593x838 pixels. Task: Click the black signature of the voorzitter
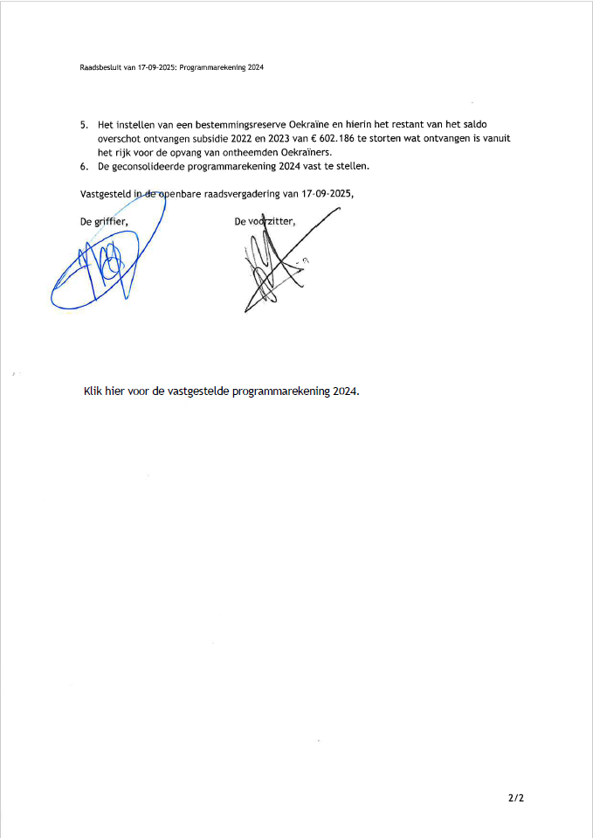tap(275, 267)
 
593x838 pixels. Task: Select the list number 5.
tap(83, 124)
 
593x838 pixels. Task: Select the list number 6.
tap(83, 166)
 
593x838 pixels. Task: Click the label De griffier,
tap(104, 222)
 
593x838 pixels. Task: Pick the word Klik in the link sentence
tap(93, 391)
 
